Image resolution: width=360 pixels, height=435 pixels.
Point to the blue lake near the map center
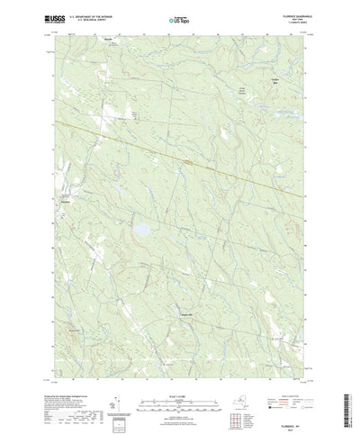coord(140,231)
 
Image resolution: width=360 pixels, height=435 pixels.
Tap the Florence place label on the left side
coord(65,202)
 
